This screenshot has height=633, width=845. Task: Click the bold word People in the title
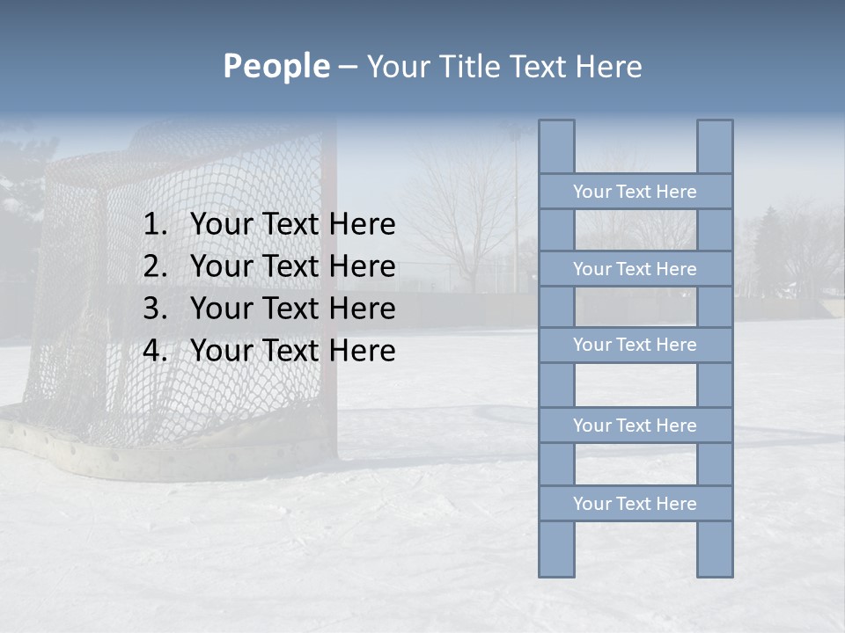276,66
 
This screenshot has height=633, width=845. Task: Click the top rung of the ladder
635,192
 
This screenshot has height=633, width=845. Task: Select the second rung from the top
635,269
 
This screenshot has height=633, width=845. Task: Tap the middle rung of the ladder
635,345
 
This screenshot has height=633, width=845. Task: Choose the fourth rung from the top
635,426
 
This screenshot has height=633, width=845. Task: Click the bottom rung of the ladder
635,504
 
